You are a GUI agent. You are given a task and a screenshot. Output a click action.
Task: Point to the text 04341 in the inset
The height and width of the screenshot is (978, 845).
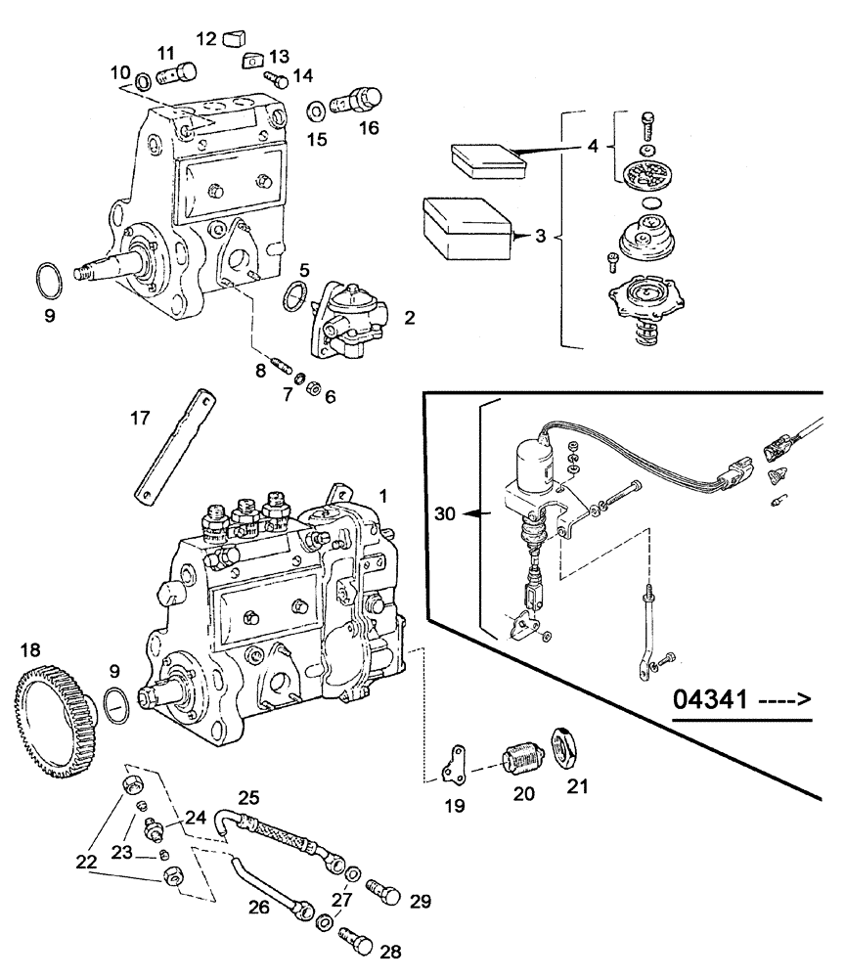point(711,700)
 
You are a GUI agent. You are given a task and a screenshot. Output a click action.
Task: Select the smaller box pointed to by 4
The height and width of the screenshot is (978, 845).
point(486,158)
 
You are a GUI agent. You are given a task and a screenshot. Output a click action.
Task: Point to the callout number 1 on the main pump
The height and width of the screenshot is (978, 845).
point(383,497)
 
